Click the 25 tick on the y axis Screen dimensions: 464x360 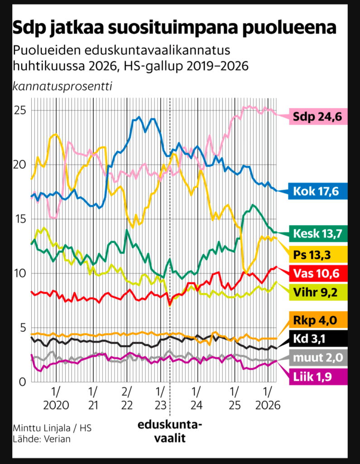(x=20, y=111)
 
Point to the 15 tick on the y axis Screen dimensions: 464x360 (x=20, y=219)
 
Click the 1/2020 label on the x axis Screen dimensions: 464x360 (x=56, y=397)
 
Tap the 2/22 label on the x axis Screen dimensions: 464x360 (x=127, y=397)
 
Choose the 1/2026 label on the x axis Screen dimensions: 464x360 (x=268, y=397)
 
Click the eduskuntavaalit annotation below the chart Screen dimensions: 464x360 (x=170, y=432)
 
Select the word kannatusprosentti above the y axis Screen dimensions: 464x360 (x=62, y=86)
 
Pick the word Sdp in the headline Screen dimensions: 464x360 (x=31, y=28)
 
